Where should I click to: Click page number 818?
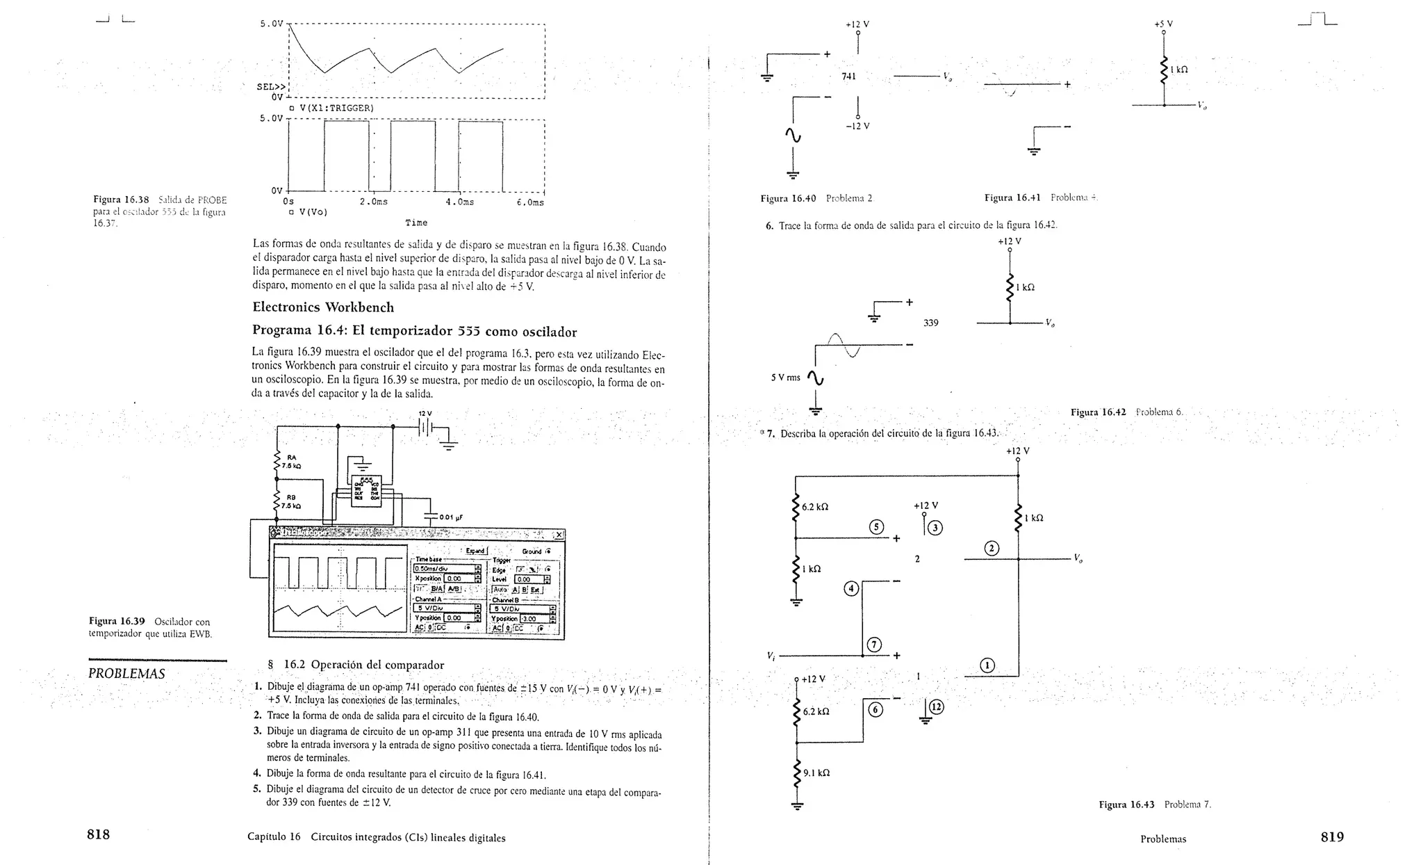click(x=98, y=834)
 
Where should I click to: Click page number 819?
click(x=1332, y=836)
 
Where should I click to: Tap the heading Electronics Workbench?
click(x=322, y=307)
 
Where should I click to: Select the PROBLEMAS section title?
click(x=126, y=673)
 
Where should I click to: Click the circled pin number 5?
click(x=877, y=526)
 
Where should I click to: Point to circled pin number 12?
click(x=937, y=707)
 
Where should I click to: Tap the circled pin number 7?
click(x=874, y=645)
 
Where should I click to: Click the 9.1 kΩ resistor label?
click(x=816, y=773)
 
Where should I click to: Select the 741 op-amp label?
click(x=848, y=76)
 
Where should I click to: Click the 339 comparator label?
click(x=930, y=323)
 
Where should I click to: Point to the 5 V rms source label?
click(x=785, y=378)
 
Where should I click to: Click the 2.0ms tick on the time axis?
click(x=373, y=202)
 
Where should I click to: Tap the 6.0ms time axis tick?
click(x=530, y=202)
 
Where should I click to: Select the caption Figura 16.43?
click(x=1126, y=805)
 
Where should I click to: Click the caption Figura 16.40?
click(x=788, y=198)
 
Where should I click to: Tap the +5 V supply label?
click(x=1163, y=24)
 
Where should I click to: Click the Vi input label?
click(x=771, y=656)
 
